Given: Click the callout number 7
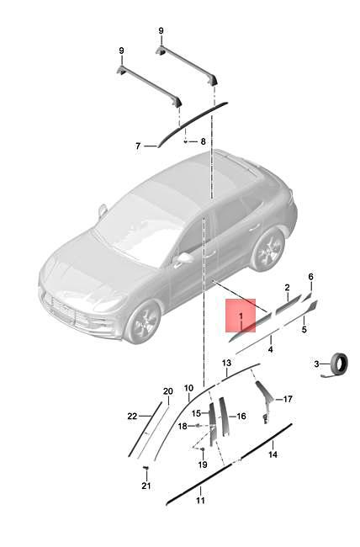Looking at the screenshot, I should point(138,146).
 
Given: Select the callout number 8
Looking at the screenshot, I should point(203,141).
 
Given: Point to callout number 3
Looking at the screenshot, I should point(316,364).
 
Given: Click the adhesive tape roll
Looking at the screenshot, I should point(338,364).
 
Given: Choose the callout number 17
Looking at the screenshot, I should point(288,400).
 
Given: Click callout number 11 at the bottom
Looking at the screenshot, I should point(200,501).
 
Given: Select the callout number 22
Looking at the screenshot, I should point(131,417).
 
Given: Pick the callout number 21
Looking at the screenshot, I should point(145,486).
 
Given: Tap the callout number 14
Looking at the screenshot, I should point(273,454).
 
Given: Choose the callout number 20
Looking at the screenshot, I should point(167,391).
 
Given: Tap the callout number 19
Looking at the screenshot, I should point(202,465).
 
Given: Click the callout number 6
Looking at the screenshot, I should point(310,276).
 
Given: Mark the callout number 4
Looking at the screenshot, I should point(271,348).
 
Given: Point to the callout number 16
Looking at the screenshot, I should point(241,416).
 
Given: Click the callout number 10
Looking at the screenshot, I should point(188,390).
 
